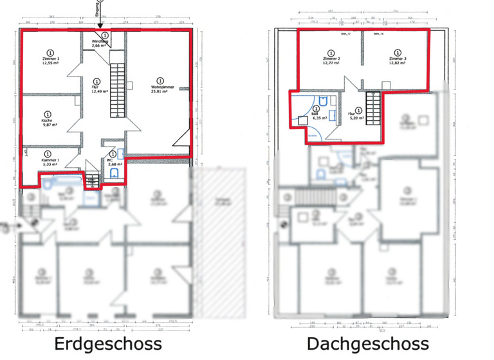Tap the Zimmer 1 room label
coord(50,59)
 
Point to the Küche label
coord(47,120)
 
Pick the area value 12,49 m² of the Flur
coord(96,92)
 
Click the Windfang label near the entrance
coord(100,42)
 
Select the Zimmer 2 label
coord(331,59)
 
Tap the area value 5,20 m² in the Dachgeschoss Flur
coord(356,118)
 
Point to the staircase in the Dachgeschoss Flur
coord(373,107)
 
